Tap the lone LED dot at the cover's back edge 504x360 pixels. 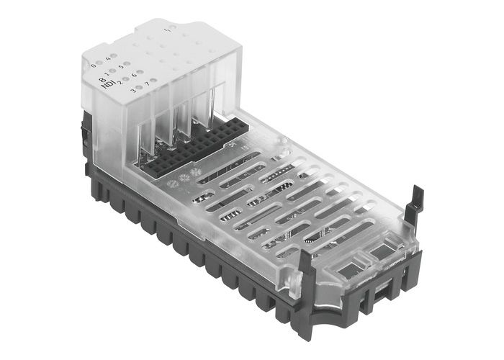click(170, 30)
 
